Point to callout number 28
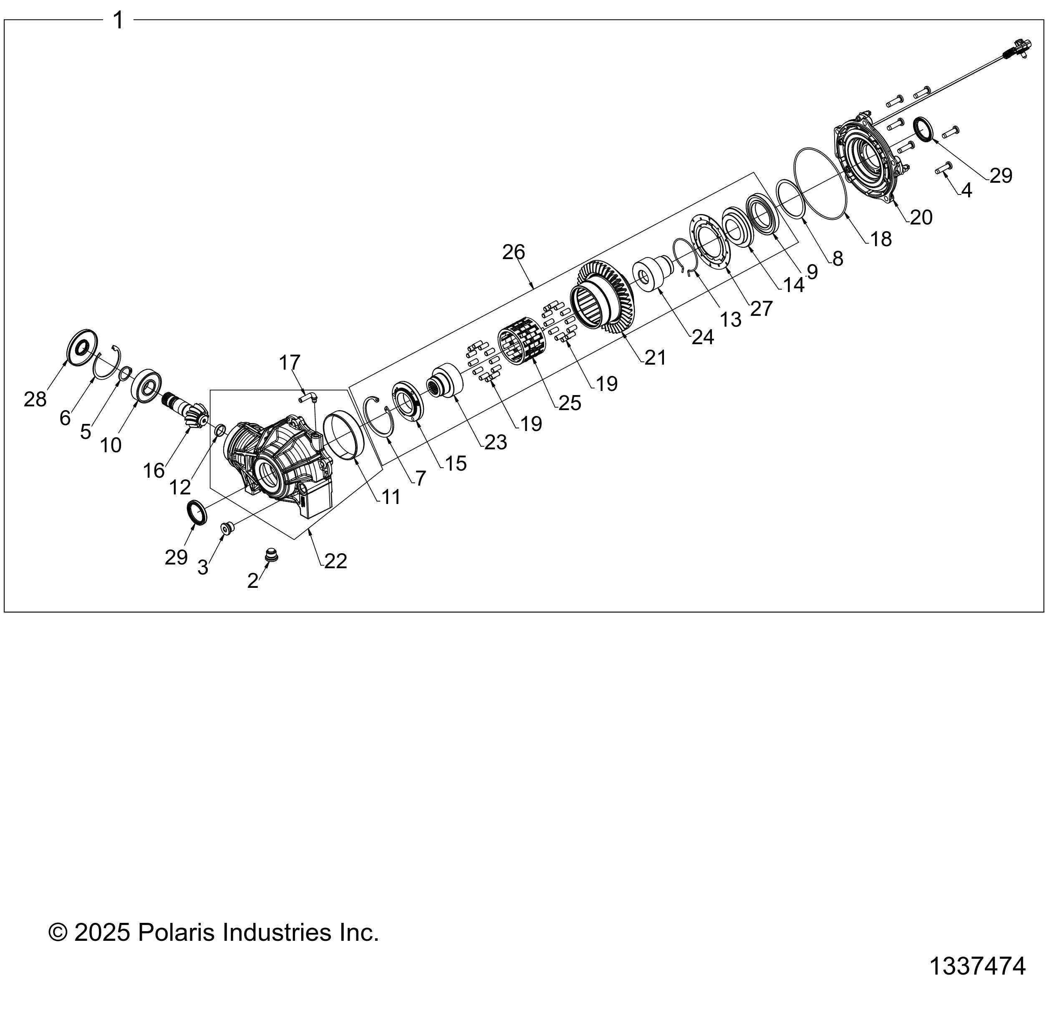(35, 400)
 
